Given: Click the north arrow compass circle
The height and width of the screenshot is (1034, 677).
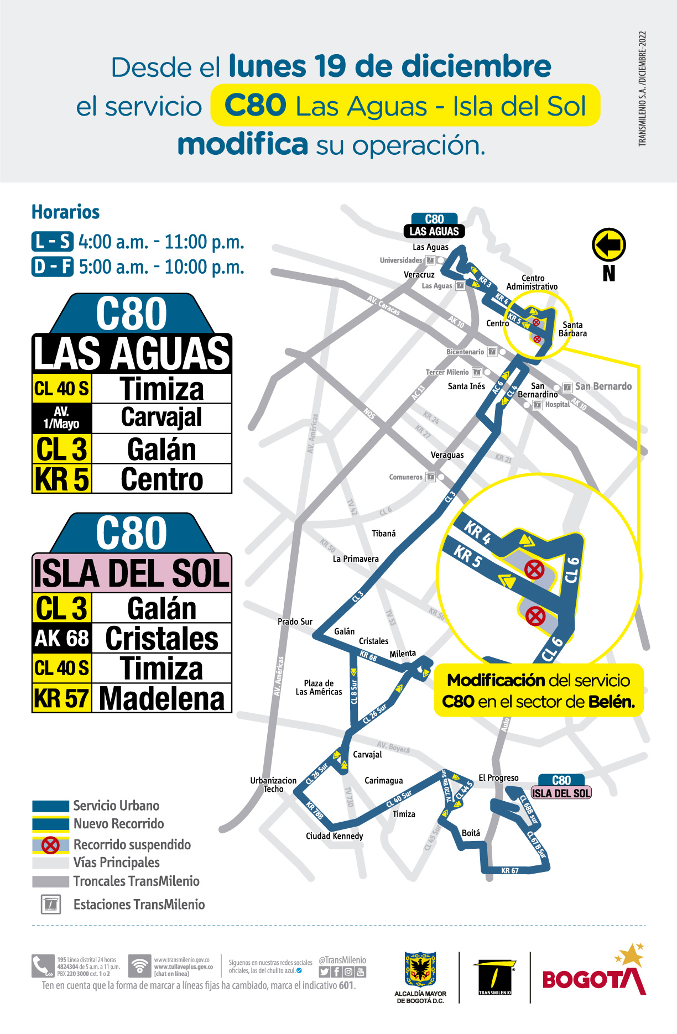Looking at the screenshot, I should coord(608,244).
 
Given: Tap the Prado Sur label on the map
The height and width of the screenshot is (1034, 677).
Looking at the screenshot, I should coord(295,622).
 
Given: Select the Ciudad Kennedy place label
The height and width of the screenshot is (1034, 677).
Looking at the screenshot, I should coord(334,835).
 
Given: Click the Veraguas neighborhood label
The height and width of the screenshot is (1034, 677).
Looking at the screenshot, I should coord(447,455).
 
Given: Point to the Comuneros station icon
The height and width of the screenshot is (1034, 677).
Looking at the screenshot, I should coord(430,477).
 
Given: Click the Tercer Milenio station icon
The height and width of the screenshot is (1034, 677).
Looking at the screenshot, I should coord(477,372).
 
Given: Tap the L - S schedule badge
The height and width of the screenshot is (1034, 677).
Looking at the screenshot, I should coord(53,242).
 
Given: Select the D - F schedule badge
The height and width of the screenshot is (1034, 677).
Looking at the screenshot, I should coord(53,267).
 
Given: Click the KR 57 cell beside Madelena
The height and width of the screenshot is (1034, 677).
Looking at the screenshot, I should coord(62,698).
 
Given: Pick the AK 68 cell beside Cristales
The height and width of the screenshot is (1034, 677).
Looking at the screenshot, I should coord(62,638).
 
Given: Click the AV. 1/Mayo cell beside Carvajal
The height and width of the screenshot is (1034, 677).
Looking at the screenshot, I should coord(62,418).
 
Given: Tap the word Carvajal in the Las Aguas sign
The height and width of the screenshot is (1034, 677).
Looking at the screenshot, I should coord(162,417).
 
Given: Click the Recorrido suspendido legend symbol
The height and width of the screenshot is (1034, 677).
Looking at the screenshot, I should coord(50,844).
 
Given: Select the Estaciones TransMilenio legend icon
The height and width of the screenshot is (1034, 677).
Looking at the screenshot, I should coord(50,904).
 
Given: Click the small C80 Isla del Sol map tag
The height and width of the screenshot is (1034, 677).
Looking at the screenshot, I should coord(561,787).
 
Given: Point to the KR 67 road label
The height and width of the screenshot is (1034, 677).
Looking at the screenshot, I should coord(509,870).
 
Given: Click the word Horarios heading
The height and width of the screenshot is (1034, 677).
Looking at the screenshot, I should coord(65,212).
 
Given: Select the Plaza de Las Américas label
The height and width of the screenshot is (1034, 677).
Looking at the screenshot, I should coord(319,687).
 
